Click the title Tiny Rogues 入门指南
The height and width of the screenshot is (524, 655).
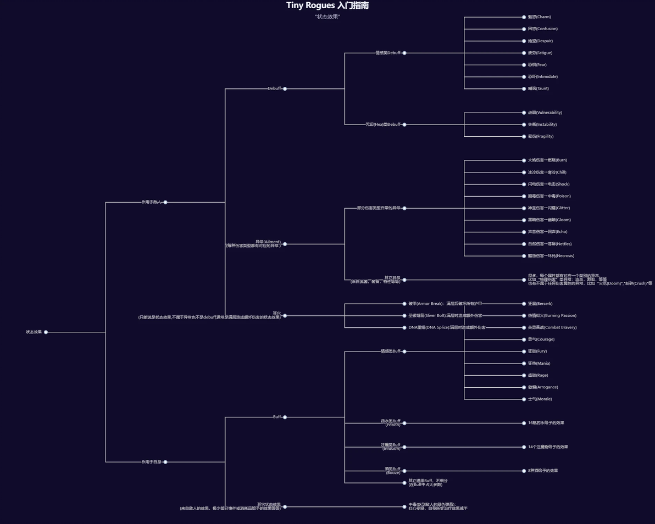(x=327, y=5)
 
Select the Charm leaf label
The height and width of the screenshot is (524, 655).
(x=539, y=17)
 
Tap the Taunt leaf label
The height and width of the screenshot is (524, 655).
(x=538, y=88)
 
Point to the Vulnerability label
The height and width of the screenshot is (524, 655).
(x=545, y=113)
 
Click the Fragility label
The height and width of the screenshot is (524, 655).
(x=541, y=136)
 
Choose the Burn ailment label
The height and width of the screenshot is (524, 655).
(x=547, y=160)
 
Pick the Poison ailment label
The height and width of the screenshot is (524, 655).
(x=549, y=196)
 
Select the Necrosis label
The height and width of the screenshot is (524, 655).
(x=551, y=256)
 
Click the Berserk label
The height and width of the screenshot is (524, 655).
(x=540, y=304)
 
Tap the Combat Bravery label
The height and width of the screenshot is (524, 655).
(x=552, y=327)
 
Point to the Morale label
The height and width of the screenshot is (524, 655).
(x=540, y=399)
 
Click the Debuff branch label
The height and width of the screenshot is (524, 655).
(x=274, y=88)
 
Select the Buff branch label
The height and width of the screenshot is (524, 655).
(x=277, y=417)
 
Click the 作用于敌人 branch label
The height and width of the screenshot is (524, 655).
(x=151, y=202)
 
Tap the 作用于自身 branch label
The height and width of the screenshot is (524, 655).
(x=151, y=462)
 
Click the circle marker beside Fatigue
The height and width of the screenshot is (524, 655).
(x=524, y=53)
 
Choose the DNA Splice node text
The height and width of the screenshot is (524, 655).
(x=447, y=327)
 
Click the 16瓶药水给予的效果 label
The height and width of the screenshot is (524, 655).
(x=546, y=423)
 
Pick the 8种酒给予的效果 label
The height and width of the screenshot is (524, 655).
(x=542, y=471)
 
